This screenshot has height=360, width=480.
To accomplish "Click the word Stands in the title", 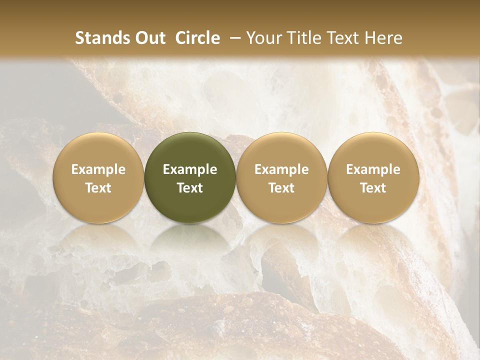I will (101, 38).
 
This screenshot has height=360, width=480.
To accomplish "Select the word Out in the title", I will (149, 38).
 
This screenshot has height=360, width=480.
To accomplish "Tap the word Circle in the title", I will (197, 38).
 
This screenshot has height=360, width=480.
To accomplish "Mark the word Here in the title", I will (383, 38).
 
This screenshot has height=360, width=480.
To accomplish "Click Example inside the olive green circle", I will (190, 169).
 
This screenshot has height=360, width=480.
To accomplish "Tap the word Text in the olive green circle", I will (190, 188).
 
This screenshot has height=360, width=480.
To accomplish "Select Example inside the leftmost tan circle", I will (98, 169).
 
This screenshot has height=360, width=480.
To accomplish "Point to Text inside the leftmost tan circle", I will (98, 188).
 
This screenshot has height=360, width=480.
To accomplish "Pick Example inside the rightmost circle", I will (373, 169).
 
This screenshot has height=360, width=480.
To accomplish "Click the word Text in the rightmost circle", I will (373, 188).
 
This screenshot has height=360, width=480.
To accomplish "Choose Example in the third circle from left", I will (281, 169).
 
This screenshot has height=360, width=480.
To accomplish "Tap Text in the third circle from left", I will (281, 188).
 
